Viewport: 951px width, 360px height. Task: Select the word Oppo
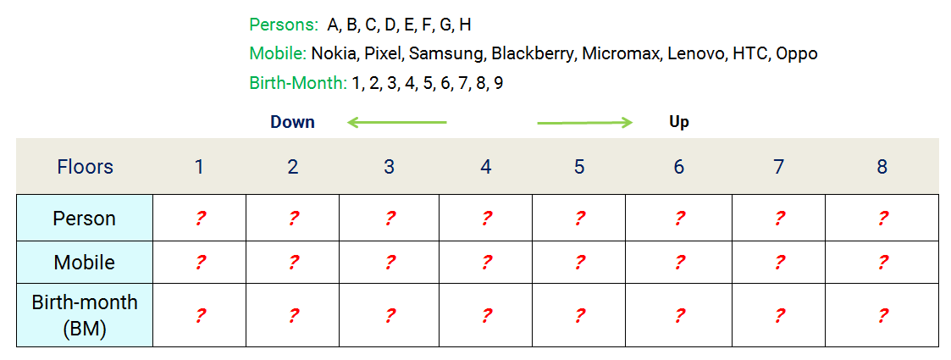[x=797, y=54]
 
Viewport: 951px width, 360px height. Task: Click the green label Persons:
[x=284, y=25]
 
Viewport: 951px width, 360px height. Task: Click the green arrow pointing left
[x=396, y=123]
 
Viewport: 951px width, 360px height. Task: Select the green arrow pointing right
[x=585, y=123]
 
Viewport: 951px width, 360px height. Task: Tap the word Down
[x=292, y=122]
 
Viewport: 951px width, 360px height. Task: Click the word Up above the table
[x=679, y=122]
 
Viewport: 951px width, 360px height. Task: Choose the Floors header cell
[x=85, y=167]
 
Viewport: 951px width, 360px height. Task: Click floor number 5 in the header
[x=579, y=167]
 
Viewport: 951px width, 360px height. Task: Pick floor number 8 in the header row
[x=882, y=167]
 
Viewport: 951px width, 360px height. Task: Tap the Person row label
[x=85, y=219]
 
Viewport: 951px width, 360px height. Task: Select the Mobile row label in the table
[x=85, y=263]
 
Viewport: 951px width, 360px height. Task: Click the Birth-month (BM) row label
[x=85, y=315]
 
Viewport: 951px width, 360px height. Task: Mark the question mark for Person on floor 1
[x=200, y=219]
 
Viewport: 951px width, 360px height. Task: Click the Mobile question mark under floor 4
[x=486, y=263]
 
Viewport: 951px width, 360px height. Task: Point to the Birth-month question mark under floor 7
[x=779, y=316]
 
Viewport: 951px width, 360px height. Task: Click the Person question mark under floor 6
[x=679, y=219]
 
